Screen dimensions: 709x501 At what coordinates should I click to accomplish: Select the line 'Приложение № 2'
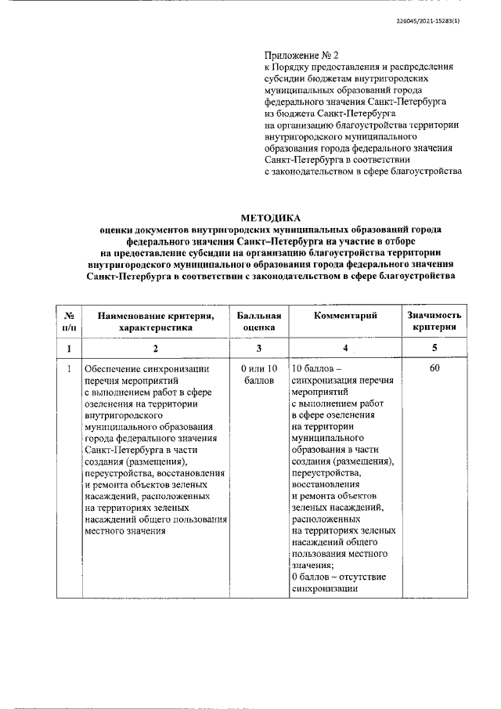point(301,56)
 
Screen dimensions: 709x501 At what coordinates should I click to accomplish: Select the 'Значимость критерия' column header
point(434,321)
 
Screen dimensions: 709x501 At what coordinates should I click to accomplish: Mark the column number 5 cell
point(434,348)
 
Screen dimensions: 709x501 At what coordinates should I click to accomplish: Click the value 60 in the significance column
point(434,368)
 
